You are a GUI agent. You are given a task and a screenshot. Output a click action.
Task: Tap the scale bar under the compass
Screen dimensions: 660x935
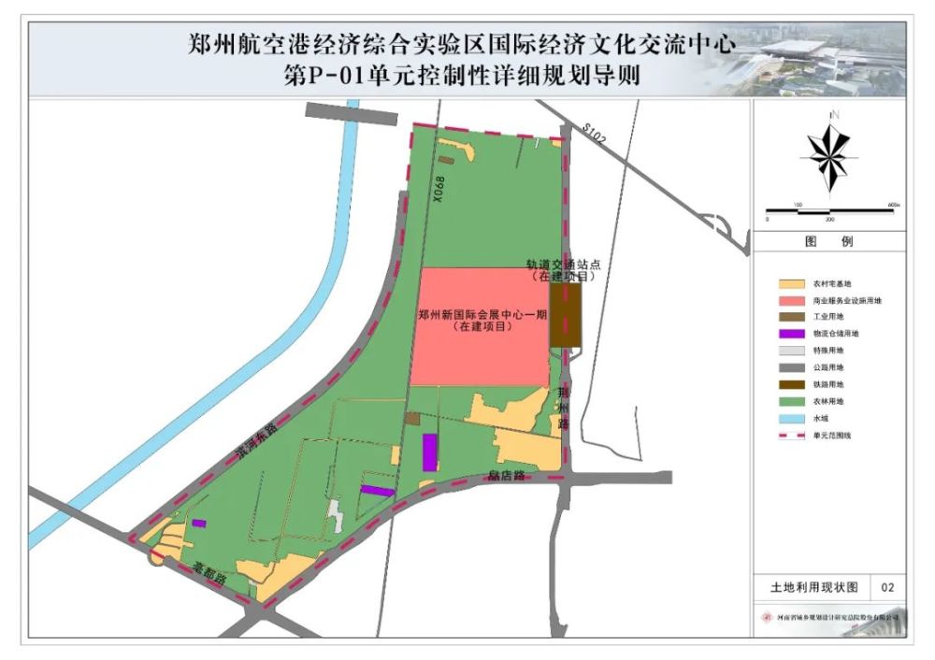[829, 210]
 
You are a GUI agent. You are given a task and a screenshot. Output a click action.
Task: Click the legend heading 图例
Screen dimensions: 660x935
[829, 241]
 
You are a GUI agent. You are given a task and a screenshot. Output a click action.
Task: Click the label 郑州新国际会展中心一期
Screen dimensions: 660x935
[481, 315]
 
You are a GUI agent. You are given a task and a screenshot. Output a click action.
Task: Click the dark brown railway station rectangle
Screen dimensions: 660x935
[566, 315]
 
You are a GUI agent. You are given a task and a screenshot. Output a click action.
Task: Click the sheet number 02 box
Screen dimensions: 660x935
[887, 587]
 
